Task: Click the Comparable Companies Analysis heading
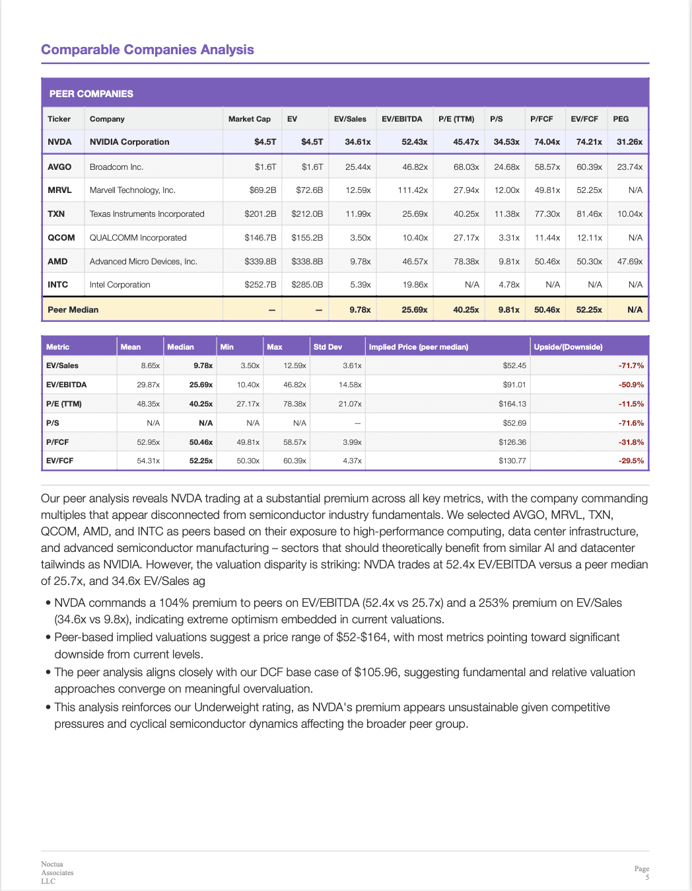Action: pyautogui.click(x=147, y=50)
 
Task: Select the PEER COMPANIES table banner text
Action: pyautogui.click(x=91, y=94)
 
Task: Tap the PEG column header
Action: pyautogui.click(x=621, y=119)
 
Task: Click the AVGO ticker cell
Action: pyautogui.click(x=59, y=167)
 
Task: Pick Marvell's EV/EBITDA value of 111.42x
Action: pyautogui.click(x=413, y=190)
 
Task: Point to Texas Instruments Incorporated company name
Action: pyautogui.click(x=147, y=214)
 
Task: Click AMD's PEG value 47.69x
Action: pyautogui.click(x=629, y=262)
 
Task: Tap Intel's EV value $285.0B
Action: pyautogui.click(x=307, y=285)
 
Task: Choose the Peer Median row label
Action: pyautogui.click(x=73, y=310)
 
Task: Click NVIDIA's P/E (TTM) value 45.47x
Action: pyautogui.click(x=466, y=142)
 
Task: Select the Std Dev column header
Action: pyautogui.click(x=328, y=347)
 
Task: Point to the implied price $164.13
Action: pyautogui.click(x=512, y=404)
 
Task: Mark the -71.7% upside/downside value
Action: pyautogui.click(x=631, y=366)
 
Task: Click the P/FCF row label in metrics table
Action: pyautogui.click(x=57, y=442)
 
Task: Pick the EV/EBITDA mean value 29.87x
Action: pyautogui.click(x=148, y=385)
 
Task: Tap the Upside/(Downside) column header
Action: pyautogui.click(x=568, y=347)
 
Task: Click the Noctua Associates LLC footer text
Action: pyautogui.click(x=57, y=872)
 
